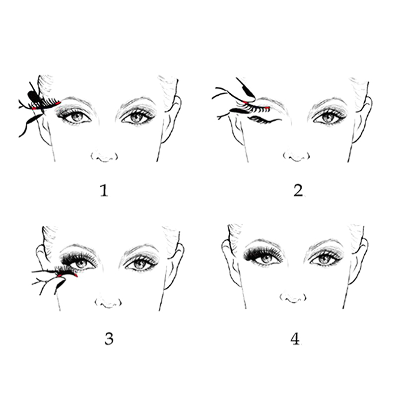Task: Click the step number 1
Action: click(x=104, y=191)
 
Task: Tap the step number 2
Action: click(x=298, y=191)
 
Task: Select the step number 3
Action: click(x=109, y=339)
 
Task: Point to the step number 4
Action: click(x=295, y=339)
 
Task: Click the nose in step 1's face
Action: click(x=104, y=157)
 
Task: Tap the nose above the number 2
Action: click(x=296, y=156)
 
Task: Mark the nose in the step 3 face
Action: click(x=108, y=303)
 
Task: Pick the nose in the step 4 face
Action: click(x=293, y=298)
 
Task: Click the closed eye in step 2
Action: click(x=265, y=120)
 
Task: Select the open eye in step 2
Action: click(x=329, y=117)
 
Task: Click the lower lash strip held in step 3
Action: click(x=66, y=271)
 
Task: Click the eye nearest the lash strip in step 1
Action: click(x=75, y=117)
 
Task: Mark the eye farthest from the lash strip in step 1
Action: click(x=137, y=117)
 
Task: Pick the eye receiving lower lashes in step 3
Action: click(x=81, y=263)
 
